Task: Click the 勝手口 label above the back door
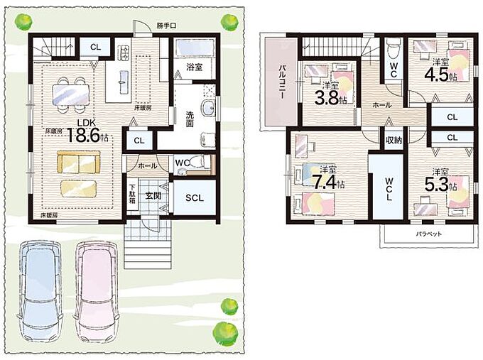166,26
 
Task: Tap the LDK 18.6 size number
84,136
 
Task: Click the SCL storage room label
195,198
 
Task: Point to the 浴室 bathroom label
195,67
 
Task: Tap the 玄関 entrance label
153,195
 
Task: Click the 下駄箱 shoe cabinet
132,195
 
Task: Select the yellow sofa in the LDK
79,163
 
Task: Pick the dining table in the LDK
71,94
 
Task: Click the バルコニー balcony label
281,82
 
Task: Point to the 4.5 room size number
437,75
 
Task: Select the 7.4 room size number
325,182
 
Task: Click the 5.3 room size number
436,185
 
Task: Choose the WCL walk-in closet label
389,189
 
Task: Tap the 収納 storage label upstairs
394,141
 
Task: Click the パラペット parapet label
429,234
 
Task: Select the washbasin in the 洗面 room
209,108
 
